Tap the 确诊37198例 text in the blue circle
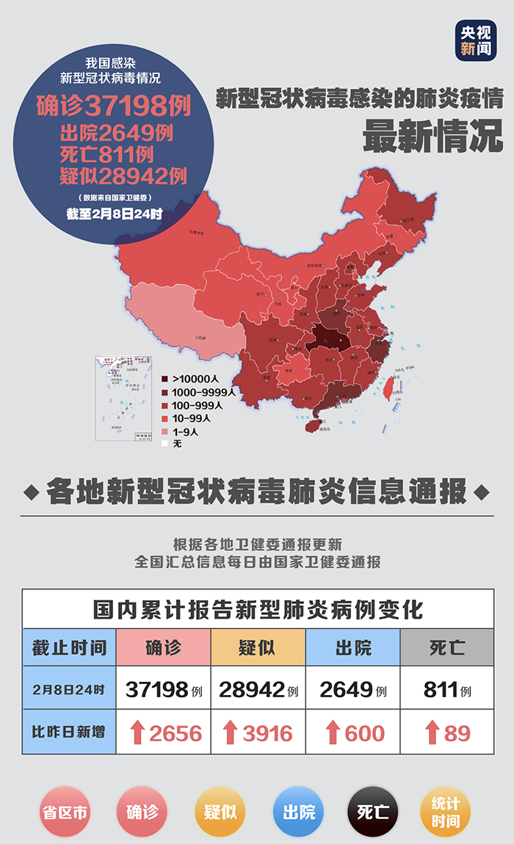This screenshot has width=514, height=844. [x=114, y=106]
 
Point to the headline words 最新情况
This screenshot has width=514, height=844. [x=433, y=136]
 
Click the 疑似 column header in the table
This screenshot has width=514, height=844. [x=258, y=647]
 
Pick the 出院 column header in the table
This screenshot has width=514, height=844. [x=352, y=647]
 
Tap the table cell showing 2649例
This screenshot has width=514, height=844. [x=352, y=690]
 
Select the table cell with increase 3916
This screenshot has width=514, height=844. [x=258, y=732]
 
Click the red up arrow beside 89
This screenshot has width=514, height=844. [x=431, y=732]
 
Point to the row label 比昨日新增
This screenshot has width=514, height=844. [x=69, y=732]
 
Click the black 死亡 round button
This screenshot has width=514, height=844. [x=372, y=812]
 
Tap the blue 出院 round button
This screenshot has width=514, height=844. [x=298, y=812]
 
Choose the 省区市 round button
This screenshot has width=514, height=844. [x=65, y=812]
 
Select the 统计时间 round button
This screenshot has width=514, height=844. [x=446, y=812]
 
